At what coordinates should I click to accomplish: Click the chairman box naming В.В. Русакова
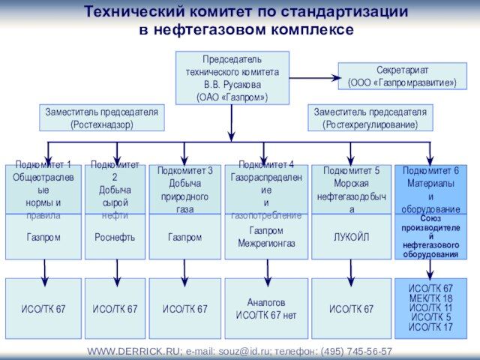coord(232,78)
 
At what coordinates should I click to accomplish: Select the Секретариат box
coord(402,76)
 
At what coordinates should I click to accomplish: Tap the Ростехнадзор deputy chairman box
coord(101,118)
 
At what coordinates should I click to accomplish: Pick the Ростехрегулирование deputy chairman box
coord(370,118)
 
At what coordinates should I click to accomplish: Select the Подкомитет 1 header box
coord(43,189)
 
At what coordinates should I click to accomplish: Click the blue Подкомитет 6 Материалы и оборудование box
coord(430,189)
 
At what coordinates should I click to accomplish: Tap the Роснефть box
coord(115,237)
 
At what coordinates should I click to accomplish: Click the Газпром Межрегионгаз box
coord(266,237)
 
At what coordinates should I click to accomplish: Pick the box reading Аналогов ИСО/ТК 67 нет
coord(266,308)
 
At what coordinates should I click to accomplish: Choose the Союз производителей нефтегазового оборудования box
coord(430,237)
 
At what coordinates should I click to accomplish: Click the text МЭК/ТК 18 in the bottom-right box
coord(430,298)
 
